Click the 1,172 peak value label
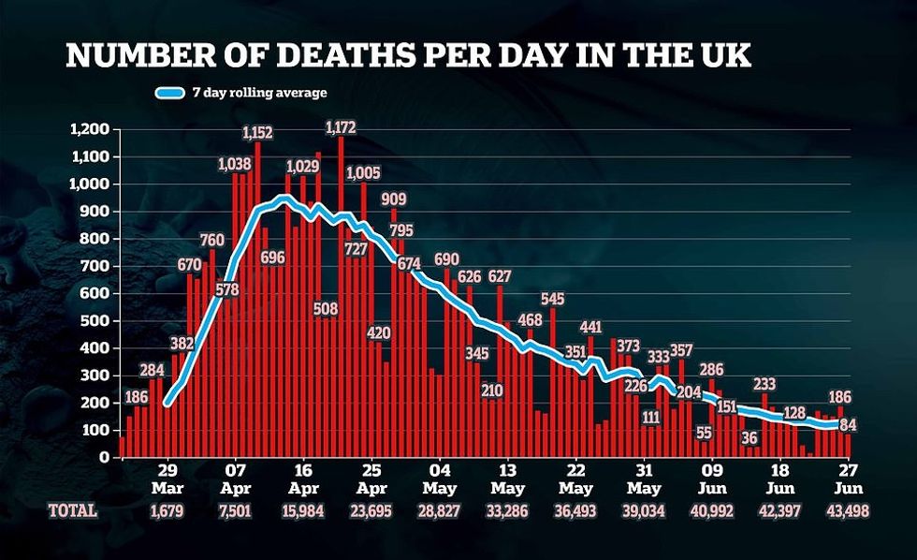(341, 126)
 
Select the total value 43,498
(846, 510)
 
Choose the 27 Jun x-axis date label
(846, 480)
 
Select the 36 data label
(750, 438)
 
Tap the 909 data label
(393, 199)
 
